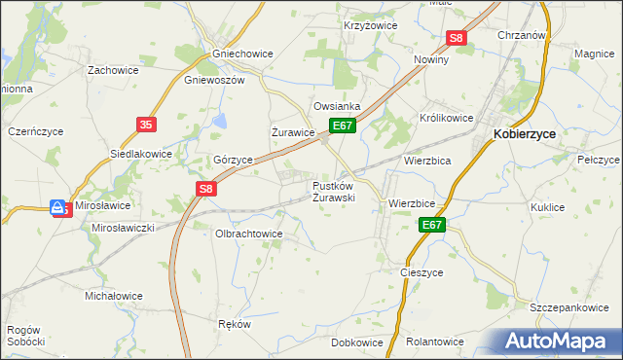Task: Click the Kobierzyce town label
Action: click(x=530, y=136)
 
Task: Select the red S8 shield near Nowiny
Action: click(x=458, y=39)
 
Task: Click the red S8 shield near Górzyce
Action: click(x=204, y=190)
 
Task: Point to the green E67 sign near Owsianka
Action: click(x=342, y=126)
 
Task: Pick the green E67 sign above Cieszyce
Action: click(x=432, y=226)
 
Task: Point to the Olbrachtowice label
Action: click(x=248, y=234)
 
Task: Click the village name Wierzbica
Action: click(x=427, y=161)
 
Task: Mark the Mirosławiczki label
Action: click(x=124, y=227)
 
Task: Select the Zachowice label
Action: click(x=113, y=70)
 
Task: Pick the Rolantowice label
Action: click(x=434, y=342)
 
